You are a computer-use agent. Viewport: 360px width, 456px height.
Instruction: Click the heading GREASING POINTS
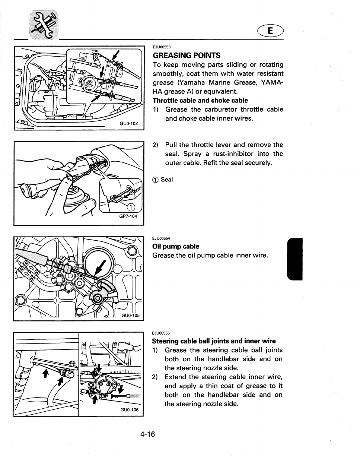(187, 56)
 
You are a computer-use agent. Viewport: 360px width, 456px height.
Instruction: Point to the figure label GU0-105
(130, 316)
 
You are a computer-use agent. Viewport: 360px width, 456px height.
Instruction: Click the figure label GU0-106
(129, 410)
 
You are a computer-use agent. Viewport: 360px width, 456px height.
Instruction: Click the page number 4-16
(147, 434)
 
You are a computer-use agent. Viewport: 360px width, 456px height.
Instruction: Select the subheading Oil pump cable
(176, 247)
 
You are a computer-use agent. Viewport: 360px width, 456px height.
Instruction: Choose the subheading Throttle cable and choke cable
(200, 101)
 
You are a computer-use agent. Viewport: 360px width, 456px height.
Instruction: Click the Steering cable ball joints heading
(214, 341)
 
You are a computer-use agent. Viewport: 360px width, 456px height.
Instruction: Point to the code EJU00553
(162, 47)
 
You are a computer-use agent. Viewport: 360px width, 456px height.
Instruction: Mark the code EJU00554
(161, 239)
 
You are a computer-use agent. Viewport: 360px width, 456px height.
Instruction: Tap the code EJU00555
(161, 333)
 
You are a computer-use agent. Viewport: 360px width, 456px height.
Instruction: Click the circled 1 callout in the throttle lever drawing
(131, 208)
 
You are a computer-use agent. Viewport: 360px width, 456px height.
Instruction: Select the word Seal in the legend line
(167, 180)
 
